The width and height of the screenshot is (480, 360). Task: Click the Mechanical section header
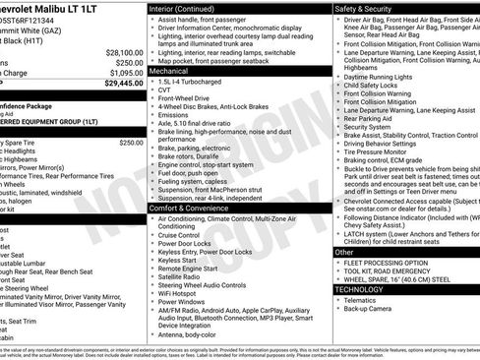[170, 72]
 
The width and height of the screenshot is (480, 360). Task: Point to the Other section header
[345, 253]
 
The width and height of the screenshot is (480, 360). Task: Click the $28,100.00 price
[124, 51]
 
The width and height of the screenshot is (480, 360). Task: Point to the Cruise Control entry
[179, 235]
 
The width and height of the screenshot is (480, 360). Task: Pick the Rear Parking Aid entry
[375, 118]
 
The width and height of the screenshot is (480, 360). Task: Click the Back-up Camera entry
[373, 308]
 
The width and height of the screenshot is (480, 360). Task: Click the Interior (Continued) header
[183, 7]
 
